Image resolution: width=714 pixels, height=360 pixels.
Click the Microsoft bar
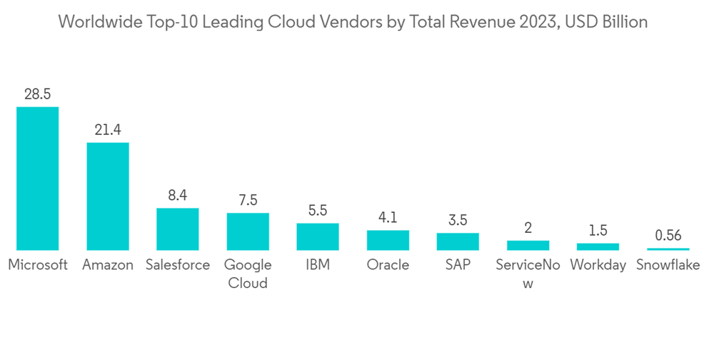[x=38, y=179]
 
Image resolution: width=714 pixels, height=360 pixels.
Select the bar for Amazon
[x=108, y=196]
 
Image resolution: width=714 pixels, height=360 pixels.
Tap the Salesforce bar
[x=178, y=229]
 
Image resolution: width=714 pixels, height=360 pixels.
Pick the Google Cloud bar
[x=248, y=231]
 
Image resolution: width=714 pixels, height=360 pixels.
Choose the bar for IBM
[x=318, y=236]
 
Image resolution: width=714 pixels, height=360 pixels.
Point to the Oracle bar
[x=388, y=240]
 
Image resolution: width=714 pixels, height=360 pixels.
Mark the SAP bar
[x=458, y=241]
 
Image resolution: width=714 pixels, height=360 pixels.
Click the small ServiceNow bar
[x=528, y=245]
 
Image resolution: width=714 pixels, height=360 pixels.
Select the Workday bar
[x=598, y=246]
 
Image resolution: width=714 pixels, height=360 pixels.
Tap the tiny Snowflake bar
[x=668, y=249]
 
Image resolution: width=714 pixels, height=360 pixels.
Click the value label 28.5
[x=38, y=94]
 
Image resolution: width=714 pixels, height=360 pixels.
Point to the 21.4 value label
[x=108, y=130]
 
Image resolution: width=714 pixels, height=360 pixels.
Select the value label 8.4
[x=178, y=196]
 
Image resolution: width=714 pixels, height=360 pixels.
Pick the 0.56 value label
[x=668, y=235]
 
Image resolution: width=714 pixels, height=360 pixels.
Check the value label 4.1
[x=388, y=217]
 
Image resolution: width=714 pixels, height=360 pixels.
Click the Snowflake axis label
[x=668, y=265]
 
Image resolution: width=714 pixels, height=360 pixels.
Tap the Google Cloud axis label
[x=248, y=274]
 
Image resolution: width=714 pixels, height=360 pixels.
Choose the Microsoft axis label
[x=38, y=265]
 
